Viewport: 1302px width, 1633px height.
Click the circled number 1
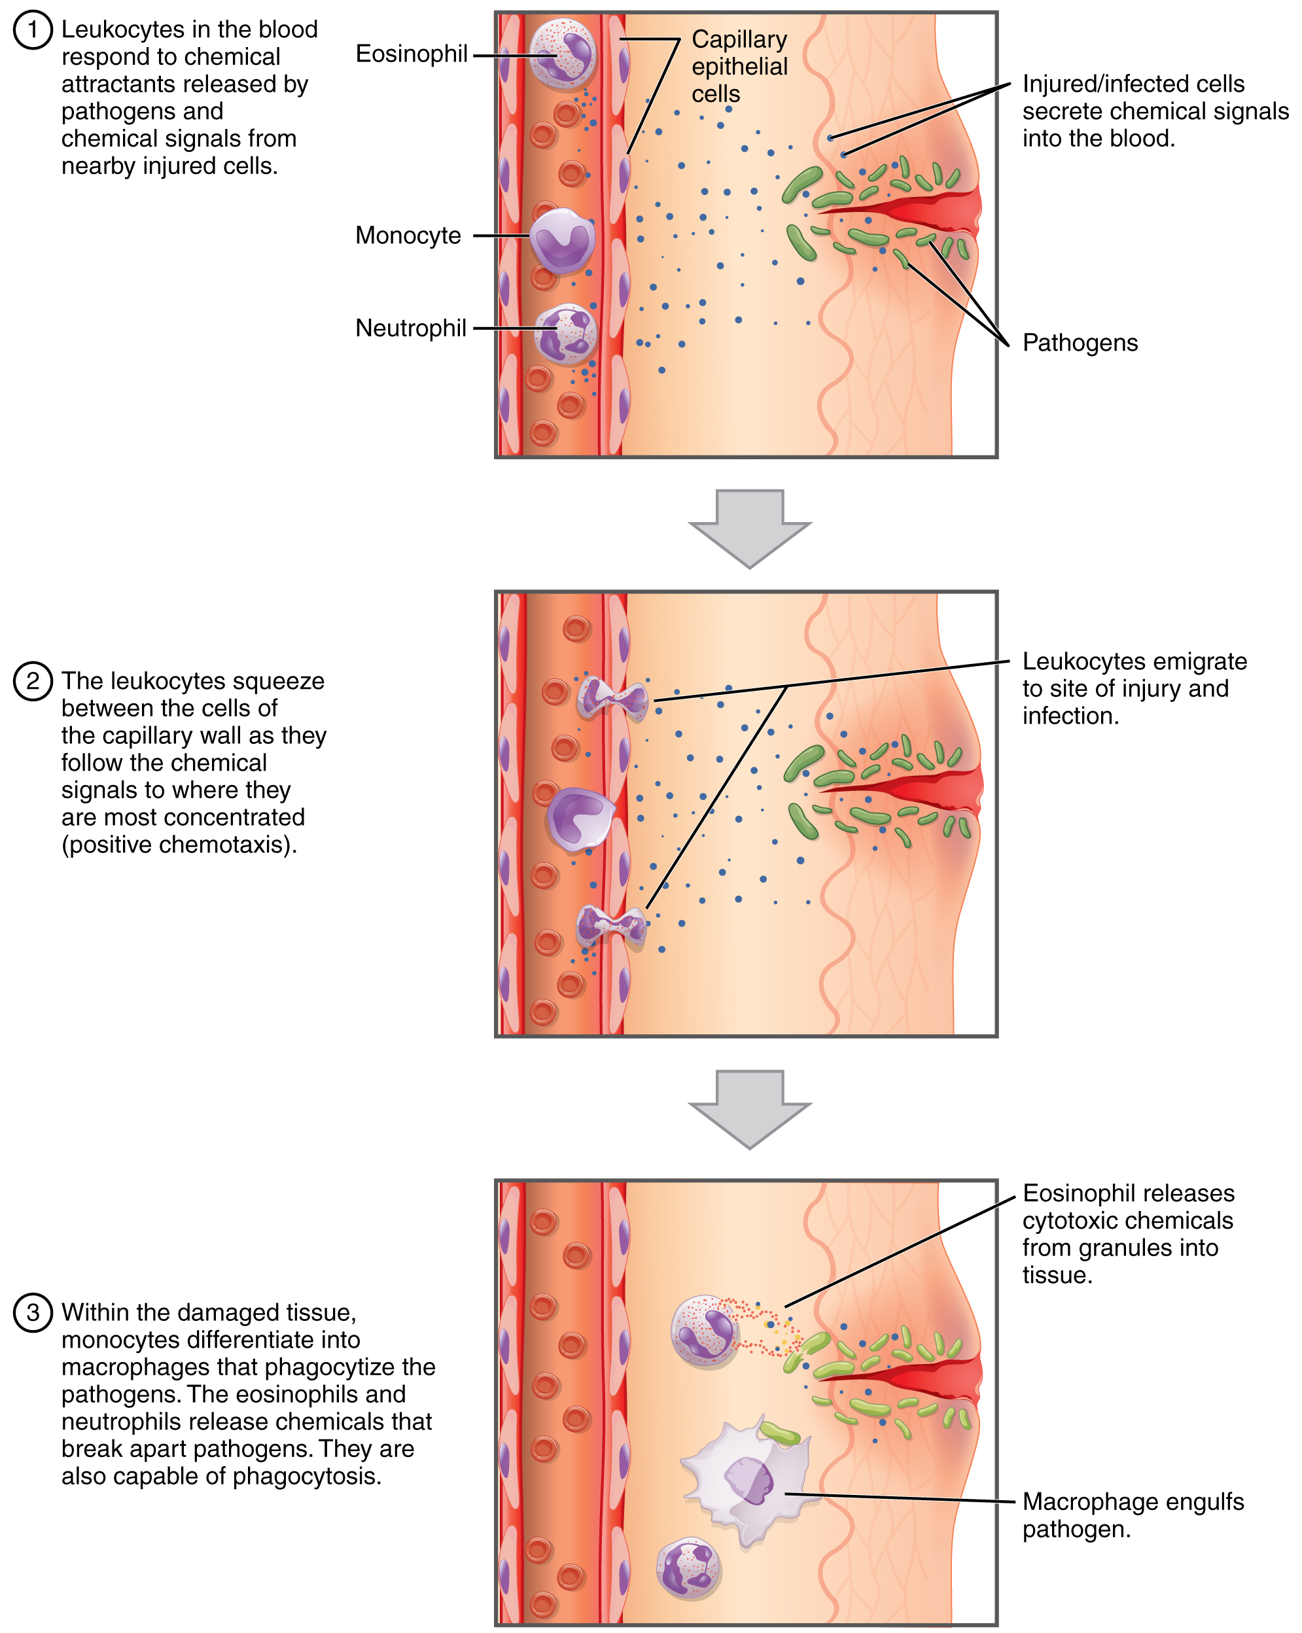click(33, 30)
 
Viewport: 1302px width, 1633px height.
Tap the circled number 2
click(33, 681)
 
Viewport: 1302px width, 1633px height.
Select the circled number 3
click(33, 1312)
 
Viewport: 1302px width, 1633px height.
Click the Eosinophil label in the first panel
click(412, 54)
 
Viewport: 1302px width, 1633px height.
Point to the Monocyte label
click(408, 236)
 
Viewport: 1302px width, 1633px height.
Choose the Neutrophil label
click(410, 328)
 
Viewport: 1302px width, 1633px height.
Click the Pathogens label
click(1080, 343)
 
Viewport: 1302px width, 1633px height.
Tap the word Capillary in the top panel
click(739, 39)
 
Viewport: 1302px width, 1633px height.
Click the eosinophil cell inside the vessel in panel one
click(562, 53)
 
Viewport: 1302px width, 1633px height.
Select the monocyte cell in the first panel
click(561, 240)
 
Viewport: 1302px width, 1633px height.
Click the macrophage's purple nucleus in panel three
click(750, 1481)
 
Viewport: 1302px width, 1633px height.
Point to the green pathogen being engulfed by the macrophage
click(780, 1433)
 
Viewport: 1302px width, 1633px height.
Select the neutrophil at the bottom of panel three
click(688, 1568)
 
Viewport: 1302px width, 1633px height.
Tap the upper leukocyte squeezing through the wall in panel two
click(612, 697)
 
